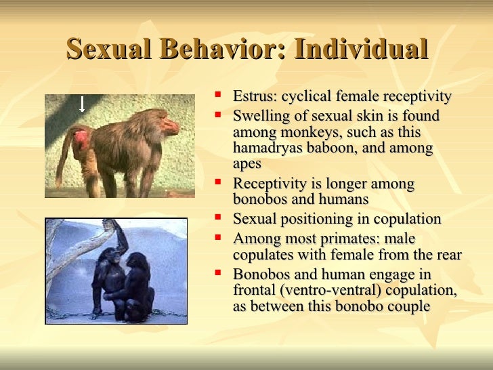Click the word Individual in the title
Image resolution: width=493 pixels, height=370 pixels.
pyautogui.click(x=357, y=50)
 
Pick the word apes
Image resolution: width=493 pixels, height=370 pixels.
pyautogui.click(x=247, y=163)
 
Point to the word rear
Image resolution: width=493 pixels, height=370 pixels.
pyautogui.click(x=448, y=255)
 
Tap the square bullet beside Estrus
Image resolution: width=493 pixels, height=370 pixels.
pyautogui.click(x=217, y=96)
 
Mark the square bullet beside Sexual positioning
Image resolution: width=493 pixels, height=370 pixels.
pyautogui.click(x=217, y=218)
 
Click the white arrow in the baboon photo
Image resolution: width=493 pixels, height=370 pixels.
pyautogui.click(x=82, y=104)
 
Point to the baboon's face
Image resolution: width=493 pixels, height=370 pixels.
pyautogui.click(x=169, y=127)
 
